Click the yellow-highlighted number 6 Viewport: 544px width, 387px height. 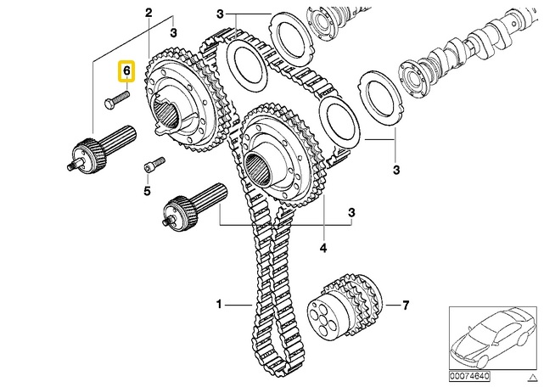coord(126,73)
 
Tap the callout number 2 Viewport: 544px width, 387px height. coord(149,14)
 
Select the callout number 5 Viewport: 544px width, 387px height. coord(146,192)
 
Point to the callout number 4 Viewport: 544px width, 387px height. coord(323,249)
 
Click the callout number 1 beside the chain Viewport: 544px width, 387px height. coord(219,303)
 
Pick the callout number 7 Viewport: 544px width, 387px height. coord(406,304)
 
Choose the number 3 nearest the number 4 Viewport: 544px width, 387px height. coord(351,210)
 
